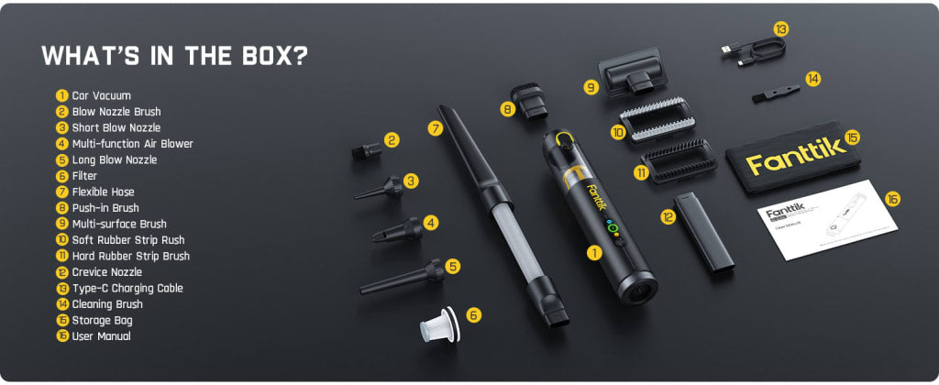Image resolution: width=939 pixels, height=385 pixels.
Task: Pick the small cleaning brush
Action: [x=774, y=91]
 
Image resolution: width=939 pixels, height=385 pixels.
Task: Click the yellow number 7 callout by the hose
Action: [x=435, y=128]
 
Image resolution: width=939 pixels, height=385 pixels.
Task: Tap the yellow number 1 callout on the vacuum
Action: [x=594, y=251]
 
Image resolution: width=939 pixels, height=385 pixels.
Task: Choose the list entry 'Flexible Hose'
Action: [x=103, y=192]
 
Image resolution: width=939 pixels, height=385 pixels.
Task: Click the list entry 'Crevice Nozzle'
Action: [x=106, y=272]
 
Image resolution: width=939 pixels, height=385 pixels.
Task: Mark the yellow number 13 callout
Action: [x=780, y=28]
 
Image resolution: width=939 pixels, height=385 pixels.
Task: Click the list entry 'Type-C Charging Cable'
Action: [x=127, y=288]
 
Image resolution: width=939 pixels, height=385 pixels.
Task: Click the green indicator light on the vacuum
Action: [x=612, y=228]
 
